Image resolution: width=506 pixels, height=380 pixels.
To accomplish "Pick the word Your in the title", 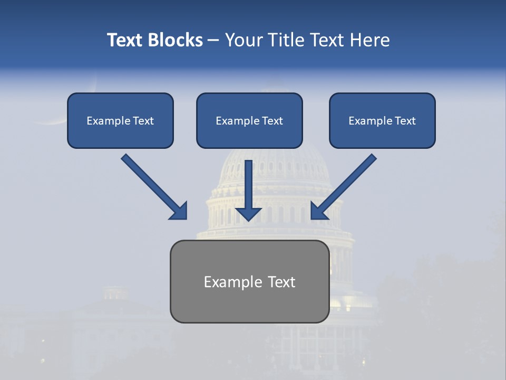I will pos(244,40).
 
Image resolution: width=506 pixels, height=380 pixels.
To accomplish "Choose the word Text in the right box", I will pos(405,121).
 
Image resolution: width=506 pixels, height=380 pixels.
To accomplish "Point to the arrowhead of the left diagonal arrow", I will pos(179,211).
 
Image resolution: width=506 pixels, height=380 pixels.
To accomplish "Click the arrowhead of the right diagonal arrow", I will pos(318,211).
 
